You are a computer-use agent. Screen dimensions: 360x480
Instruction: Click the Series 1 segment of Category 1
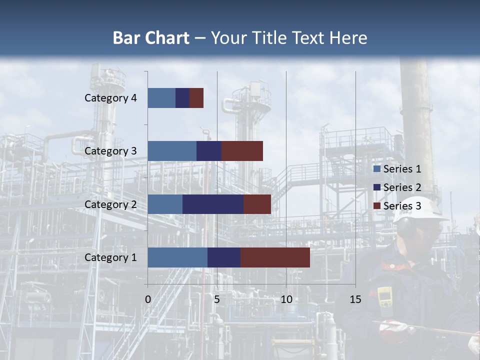click(x=177, y=257)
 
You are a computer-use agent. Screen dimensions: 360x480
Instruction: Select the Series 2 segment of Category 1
click(x=223, y=257)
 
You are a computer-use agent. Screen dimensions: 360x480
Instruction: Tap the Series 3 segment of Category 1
click(x=275, y=257)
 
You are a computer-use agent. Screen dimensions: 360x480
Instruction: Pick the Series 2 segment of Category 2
click(x=213, y=204)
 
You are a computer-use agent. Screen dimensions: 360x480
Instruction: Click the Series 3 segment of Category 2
click(x=257, y=204)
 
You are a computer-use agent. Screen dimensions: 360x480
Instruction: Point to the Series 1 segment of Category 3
click(x=172, y=150)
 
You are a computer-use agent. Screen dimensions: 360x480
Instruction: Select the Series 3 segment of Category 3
click(x=242, y=150)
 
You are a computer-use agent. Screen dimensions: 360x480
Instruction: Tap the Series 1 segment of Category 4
click(x=161, y=97)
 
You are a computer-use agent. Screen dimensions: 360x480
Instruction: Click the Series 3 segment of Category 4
click(x=196, y=97)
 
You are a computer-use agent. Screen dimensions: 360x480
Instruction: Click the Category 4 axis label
click(x=110, y=98)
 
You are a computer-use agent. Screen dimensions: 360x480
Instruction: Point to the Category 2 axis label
click(x=110, y=204)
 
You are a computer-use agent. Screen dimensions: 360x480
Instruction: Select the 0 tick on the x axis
click(x=148, y=299)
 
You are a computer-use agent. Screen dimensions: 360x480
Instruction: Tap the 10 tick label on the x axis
click(x=286, y=299)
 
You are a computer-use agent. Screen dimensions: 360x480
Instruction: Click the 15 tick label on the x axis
click(x=355, y=299)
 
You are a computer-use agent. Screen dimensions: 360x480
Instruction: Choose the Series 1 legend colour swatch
click(x=376, y=169)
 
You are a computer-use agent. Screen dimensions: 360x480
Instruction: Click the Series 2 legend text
click(x=402, y=187)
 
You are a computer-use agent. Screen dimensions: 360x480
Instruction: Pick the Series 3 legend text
click(x=402, y=206)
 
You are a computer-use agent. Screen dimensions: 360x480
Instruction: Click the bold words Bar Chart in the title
click(x=151, y=37)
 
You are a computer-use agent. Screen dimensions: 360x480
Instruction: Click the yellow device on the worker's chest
click(x=384, y=297)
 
